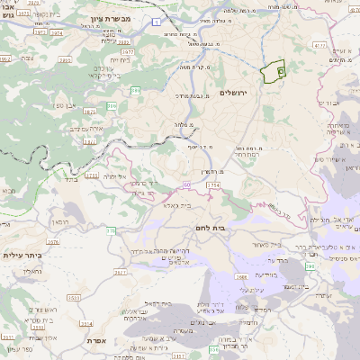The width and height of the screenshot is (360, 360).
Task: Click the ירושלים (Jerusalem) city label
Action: [281, 93]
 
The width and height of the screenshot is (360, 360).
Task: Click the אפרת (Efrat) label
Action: [98, 341]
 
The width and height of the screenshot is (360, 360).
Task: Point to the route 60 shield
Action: [186, 184]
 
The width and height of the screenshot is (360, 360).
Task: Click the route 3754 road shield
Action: [212, 184]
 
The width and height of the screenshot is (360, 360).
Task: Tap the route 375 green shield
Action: [111, 231]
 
